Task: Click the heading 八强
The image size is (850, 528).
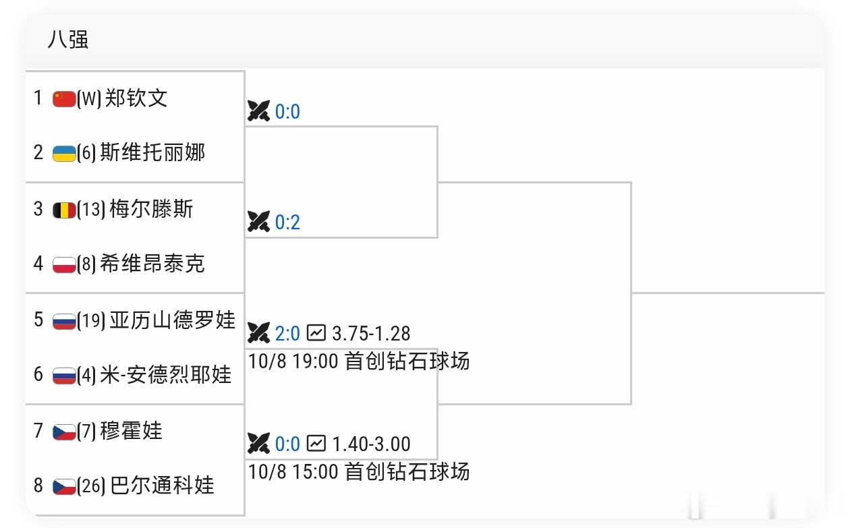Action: coord(68,39)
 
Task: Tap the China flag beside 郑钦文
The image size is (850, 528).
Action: coord(64,98)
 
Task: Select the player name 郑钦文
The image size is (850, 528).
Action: coord(136,98)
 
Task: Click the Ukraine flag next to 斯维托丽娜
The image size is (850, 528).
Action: coord(64,154)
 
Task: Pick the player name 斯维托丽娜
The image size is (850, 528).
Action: coord(152,152)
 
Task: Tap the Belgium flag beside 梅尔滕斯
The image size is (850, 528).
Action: coord(64,210)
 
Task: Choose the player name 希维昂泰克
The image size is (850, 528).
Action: coord(152,264)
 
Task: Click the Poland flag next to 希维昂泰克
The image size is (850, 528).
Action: coord(64,264)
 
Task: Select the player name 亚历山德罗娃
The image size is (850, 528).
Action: coord(173,320)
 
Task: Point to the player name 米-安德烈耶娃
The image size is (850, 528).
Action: coord(166,375)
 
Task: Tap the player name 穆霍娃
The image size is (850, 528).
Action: coord(132,431)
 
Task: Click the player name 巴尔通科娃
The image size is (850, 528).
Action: coord(162,486)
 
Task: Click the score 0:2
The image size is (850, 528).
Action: coord(287,223)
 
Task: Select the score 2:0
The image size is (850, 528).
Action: coord(287,334)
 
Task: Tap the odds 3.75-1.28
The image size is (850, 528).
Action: coord(371,334)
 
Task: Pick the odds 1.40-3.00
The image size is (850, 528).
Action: coord(371,444)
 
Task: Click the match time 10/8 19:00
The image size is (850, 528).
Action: coord(293,361)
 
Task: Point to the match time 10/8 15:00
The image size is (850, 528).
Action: coord(293,472)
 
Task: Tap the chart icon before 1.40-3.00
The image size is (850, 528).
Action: coord(316,444)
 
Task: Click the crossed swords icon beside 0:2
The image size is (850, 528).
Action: coord(258,221)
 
